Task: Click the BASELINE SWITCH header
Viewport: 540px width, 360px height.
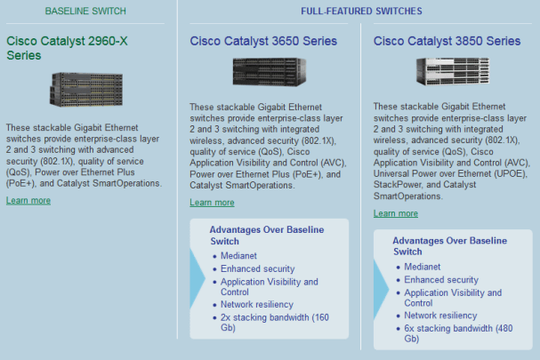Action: click(85, 11)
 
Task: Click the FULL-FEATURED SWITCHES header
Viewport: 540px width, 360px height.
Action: click(361, 11)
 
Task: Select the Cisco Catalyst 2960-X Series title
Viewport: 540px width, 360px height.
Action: click(67, 48)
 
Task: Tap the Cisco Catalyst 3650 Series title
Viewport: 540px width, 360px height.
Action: click(263, 41)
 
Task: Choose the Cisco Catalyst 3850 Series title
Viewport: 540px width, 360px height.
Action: click(447, 41)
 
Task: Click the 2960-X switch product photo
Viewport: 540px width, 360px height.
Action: click(86, 90)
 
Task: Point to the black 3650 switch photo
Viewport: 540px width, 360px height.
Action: click(270, 72)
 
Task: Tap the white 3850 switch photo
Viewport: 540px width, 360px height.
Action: click(453, 71)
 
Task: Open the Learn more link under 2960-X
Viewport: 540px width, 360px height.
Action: click(28, 200)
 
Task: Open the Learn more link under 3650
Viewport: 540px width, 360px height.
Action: click(212, 203)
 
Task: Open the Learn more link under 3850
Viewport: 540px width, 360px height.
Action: click(396, 213)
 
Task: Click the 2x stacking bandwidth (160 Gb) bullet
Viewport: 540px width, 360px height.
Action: click(275, 322)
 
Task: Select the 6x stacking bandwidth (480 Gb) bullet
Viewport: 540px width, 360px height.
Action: click(458, 333)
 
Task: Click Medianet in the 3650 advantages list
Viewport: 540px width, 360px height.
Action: click(238, 256)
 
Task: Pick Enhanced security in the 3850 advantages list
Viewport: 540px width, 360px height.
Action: click(441, 280)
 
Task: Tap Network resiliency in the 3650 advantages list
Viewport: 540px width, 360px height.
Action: click(257, 305)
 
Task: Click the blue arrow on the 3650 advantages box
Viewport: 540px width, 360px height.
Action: click(197, 278)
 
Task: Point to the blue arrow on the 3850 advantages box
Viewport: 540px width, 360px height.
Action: click(380, 289)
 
